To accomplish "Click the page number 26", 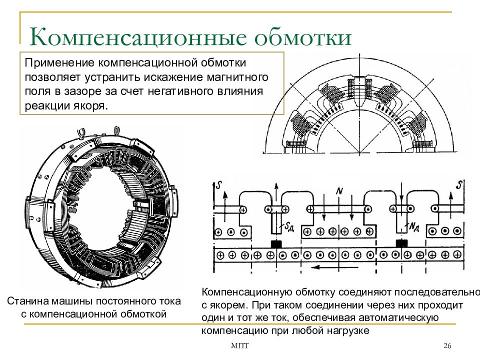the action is (447, 346).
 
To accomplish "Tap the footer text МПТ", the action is (239, 346).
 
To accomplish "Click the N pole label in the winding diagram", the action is (339, 191).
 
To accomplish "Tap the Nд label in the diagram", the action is (413, 227).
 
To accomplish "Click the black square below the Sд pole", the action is (276, 244).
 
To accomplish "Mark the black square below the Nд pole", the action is (401, 243).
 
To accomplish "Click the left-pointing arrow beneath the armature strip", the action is (335, 267).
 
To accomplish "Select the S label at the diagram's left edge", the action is (218, 185).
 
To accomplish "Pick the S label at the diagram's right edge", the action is (458, 185).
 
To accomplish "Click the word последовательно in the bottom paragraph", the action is (437, 292).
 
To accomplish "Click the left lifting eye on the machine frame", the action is (81, 133).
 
